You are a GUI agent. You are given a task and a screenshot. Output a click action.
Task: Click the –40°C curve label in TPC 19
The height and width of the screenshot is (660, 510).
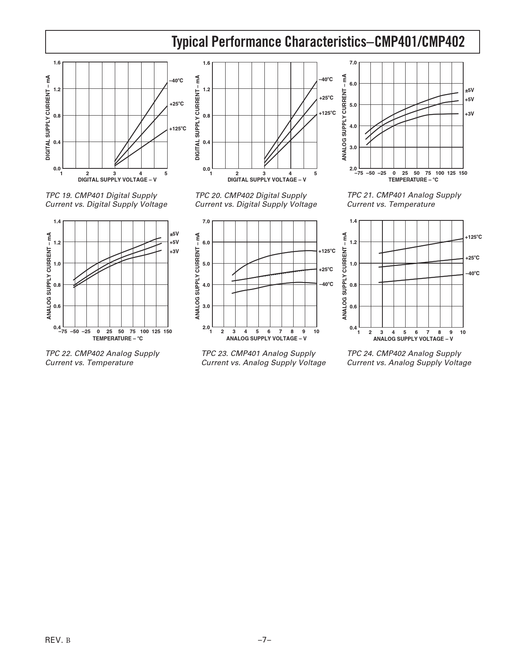(x=176, y=81)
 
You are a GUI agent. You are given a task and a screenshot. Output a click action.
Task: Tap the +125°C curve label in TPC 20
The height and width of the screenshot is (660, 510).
(x=327, y=113)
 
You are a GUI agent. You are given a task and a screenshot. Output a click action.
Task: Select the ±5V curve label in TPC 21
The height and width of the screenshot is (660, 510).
(x=469, y=90)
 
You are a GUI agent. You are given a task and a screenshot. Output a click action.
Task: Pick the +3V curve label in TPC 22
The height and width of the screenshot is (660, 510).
(x=174, y=252)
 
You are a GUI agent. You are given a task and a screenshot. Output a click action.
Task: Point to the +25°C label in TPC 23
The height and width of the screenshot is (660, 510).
(x=326, y=270)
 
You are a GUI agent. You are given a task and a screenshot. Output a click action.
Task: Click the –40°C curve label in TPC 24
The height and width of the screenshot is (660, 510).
(x=472, y=274)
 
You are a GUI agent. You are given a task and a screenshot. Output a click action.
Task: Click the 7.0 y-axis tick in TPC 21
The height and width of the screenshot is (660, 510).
(x=353, y=63)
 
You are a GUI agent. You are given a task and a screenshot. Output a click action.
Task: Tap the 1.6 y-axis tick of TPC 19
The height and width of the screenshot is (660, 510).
(x=56, y=63)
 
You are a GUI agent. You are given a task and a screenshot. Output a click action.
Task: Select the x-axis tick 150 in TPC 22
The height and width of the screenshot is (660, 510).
(x=167, y=332)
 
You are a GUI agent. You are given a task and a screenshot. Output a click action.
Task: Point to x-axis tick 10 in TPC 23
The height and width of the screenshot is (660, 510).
(x=316, y=332)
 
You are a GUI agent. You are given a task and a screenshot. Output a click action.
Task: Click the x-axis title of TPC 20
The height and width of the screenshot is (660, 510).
(x=267, y=180)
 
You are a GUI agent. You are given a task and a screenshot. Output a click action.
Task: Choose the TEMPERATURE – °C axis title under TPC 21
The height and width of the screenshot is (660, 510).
(x=413, y=180)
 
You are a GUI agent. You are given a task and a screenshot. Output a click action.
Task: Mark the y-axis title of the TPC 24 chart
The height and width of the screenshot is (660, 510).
(x=345, y=276)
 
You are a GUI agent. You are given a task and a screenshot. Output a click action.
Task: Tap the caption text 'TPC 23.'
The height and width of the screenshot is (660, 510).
(x=215, y=354)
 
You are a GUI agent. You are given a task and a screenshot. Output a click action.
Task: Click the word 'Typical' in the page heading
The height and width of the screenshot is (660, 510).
(x=190, y=42)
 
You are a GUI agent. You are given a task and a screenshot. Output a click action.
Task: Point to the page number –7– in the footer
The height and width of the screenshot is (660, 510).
(x=264, y=640)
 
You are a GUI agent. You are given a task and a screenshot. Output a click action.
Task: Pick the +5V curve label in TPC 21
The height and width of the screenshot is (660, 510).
(x=469, y=99)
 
